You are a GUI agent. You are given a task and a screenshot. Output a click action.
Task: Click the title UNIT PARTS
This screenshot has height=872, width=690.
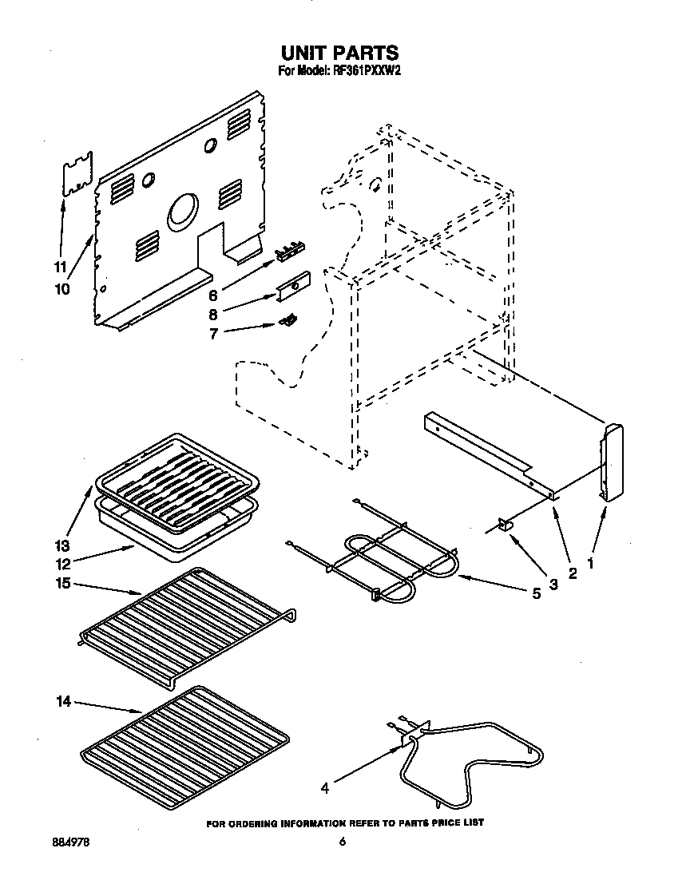click(339, 53)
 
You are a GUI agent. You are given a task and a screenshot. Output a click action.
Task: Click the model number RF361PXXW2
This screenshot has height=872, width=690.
click(366, 70)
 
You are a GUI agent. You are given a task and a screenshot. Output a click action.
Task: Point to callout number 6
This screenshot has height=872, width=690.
click(213, 295)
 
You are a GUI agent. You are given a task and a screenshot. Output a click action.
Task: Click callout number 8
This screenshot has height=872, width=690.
click(213, 314)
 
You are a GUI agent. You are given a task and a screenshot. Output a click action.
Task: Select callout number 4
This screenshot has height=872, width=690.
click(325, 789)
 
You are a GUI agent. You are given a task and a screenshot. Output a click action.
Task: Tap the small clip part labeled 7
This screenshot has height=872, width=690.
click(288, 320)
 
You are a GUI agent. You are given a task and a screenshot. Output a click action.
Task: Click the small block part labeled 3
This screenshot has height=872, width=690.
click(506, 524)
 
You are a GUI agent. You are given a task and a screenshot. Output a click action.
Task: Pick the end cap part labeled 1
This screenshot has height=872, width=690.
click(613, 462)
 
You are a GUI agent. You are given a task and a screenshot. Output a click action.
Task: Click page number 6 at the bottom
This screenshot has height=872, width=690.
click(341, 842)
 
